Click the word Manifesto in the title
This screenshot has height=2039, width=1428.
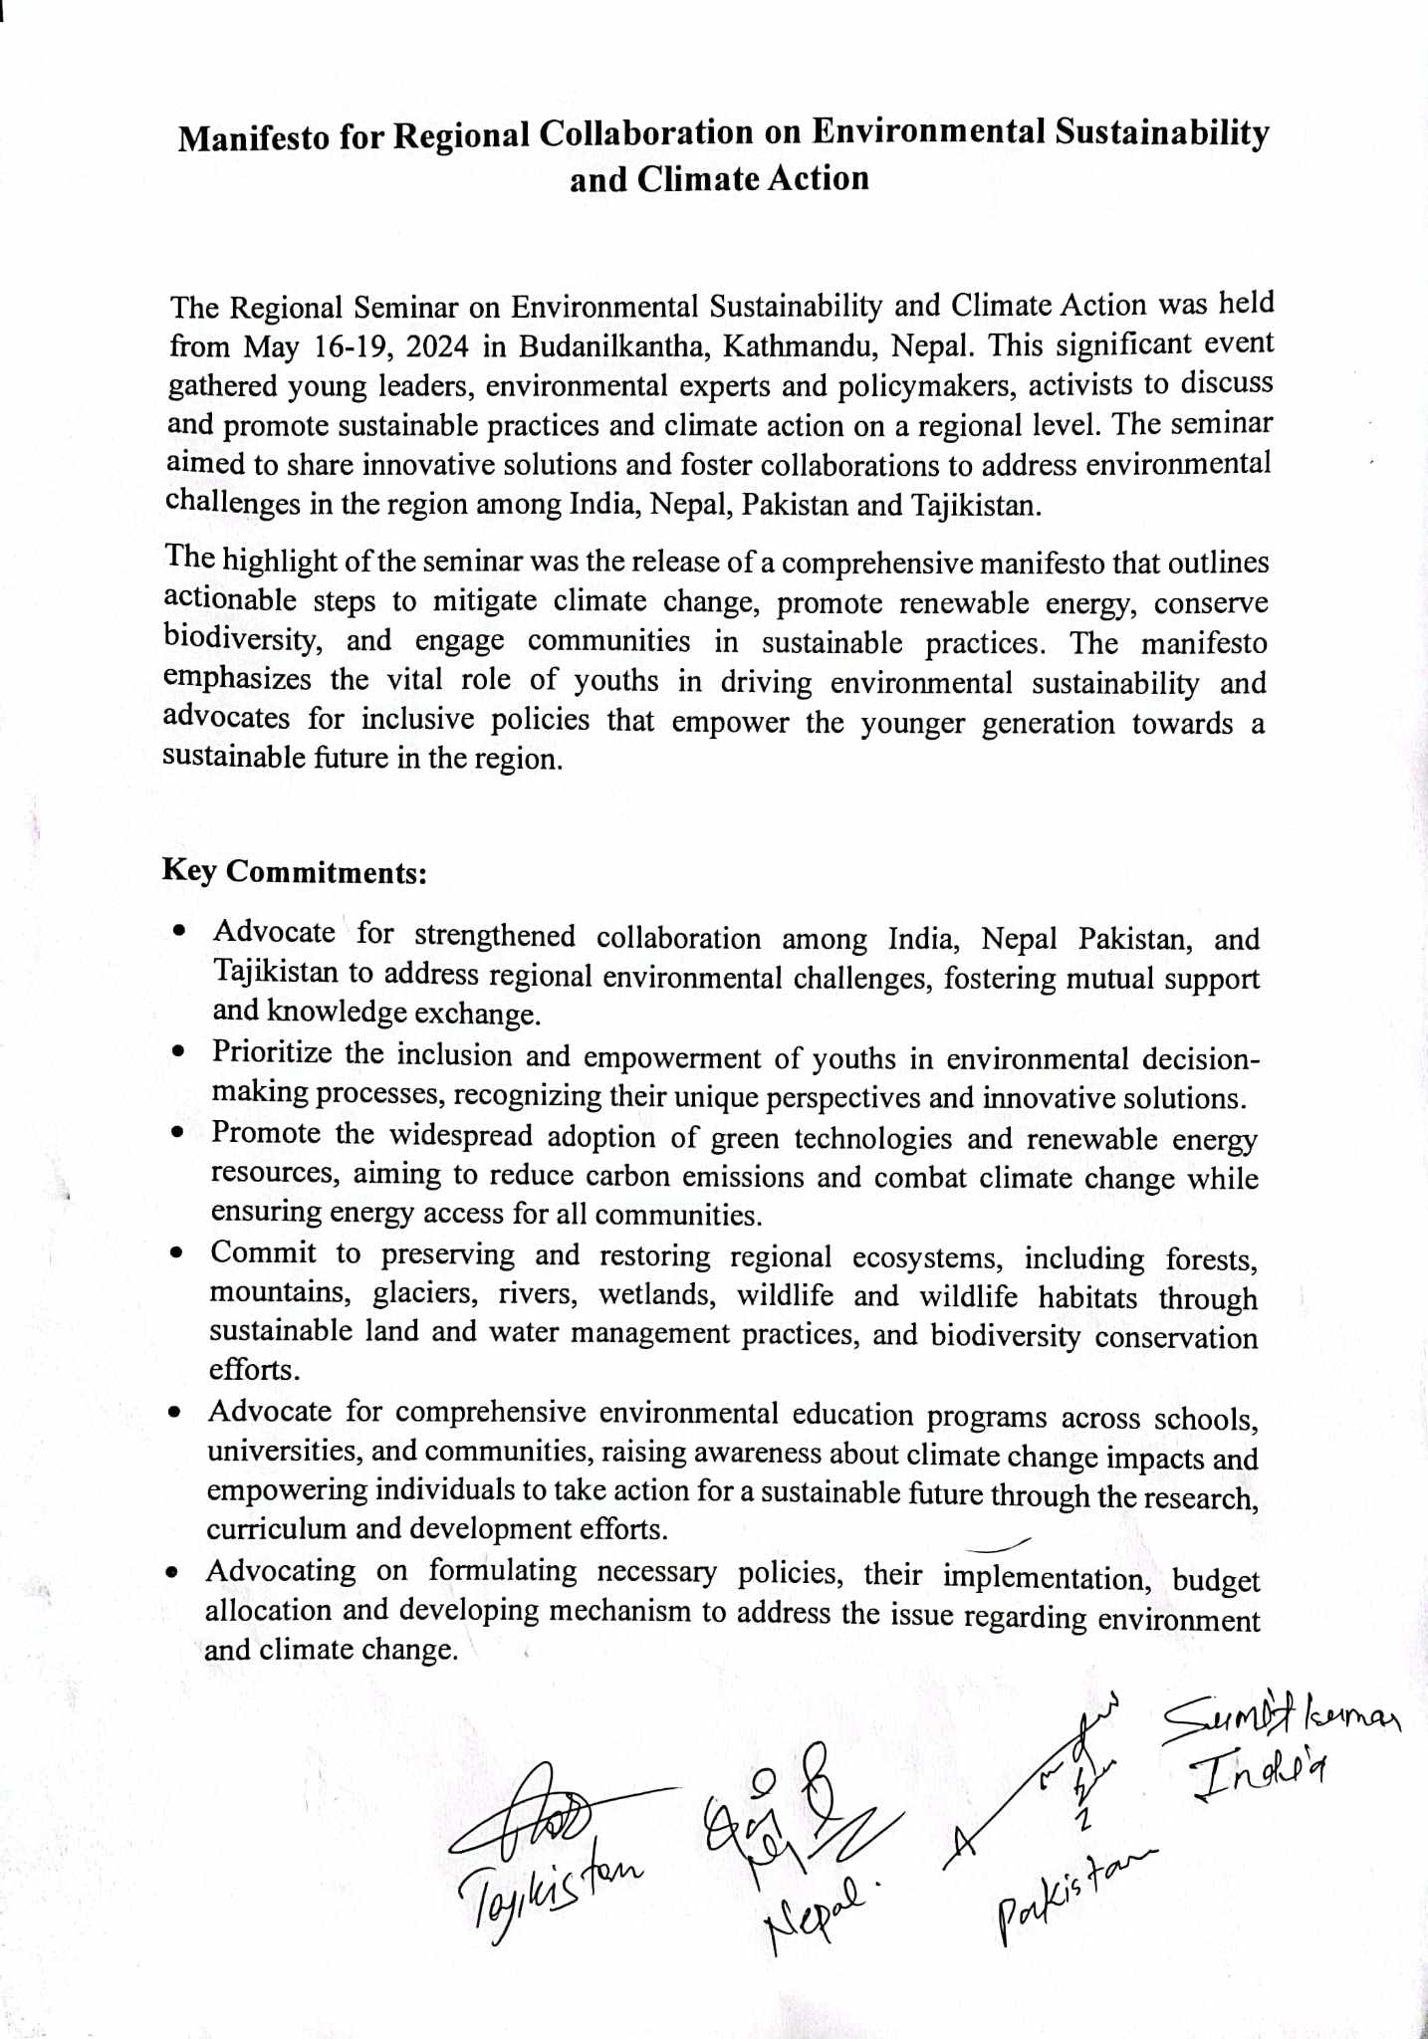coord(253,137)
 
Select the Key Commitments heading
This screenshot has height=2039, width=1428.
coord(295,871)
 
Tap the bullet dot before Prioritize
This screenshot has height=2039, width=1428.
coord(178,1051)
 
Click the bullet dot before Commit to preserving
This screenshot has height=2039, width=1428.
coord(176,1252)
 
